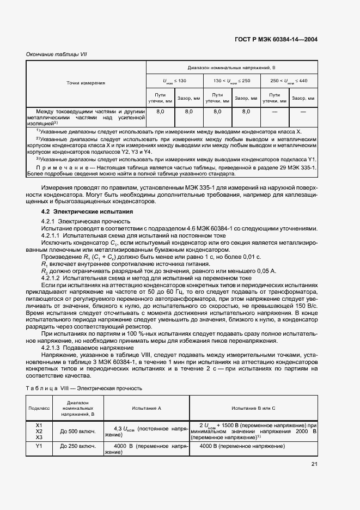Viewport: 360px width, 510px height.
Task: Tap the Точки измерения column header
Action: pyautogui.click(x=86, y=83)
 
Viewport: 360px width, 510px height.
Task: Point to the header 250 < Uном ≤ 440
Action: pyautogui.click(x=289, y=81)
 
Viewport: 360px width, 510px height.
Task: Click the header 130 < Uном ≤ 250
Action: pyautogui.click(x=231, y=81)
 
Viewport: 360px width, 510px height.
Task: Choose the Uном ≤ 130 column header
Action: pyautogui.click(x=174, y=81)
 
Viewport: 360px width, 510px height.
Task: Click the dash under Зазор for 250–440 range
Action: pyautogui.click(x=303, y=111)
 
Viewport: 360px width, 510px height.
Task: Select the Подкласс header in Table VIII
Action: pyautogui.click(x=39, y=407)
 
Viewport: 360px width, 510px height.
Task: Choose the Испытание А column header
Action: pyautogui.click(x=146, y=407)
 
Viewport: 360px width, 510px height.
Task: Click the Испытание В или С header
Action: pyautogui.click(x=253, y=407)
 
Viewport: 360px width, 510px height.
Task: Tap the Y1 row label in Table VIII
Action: pyautogui.click(x=39, y=446)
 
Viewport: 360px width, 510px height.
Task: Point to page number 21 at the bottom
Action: pyautogui.click(x=314, y=464)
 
